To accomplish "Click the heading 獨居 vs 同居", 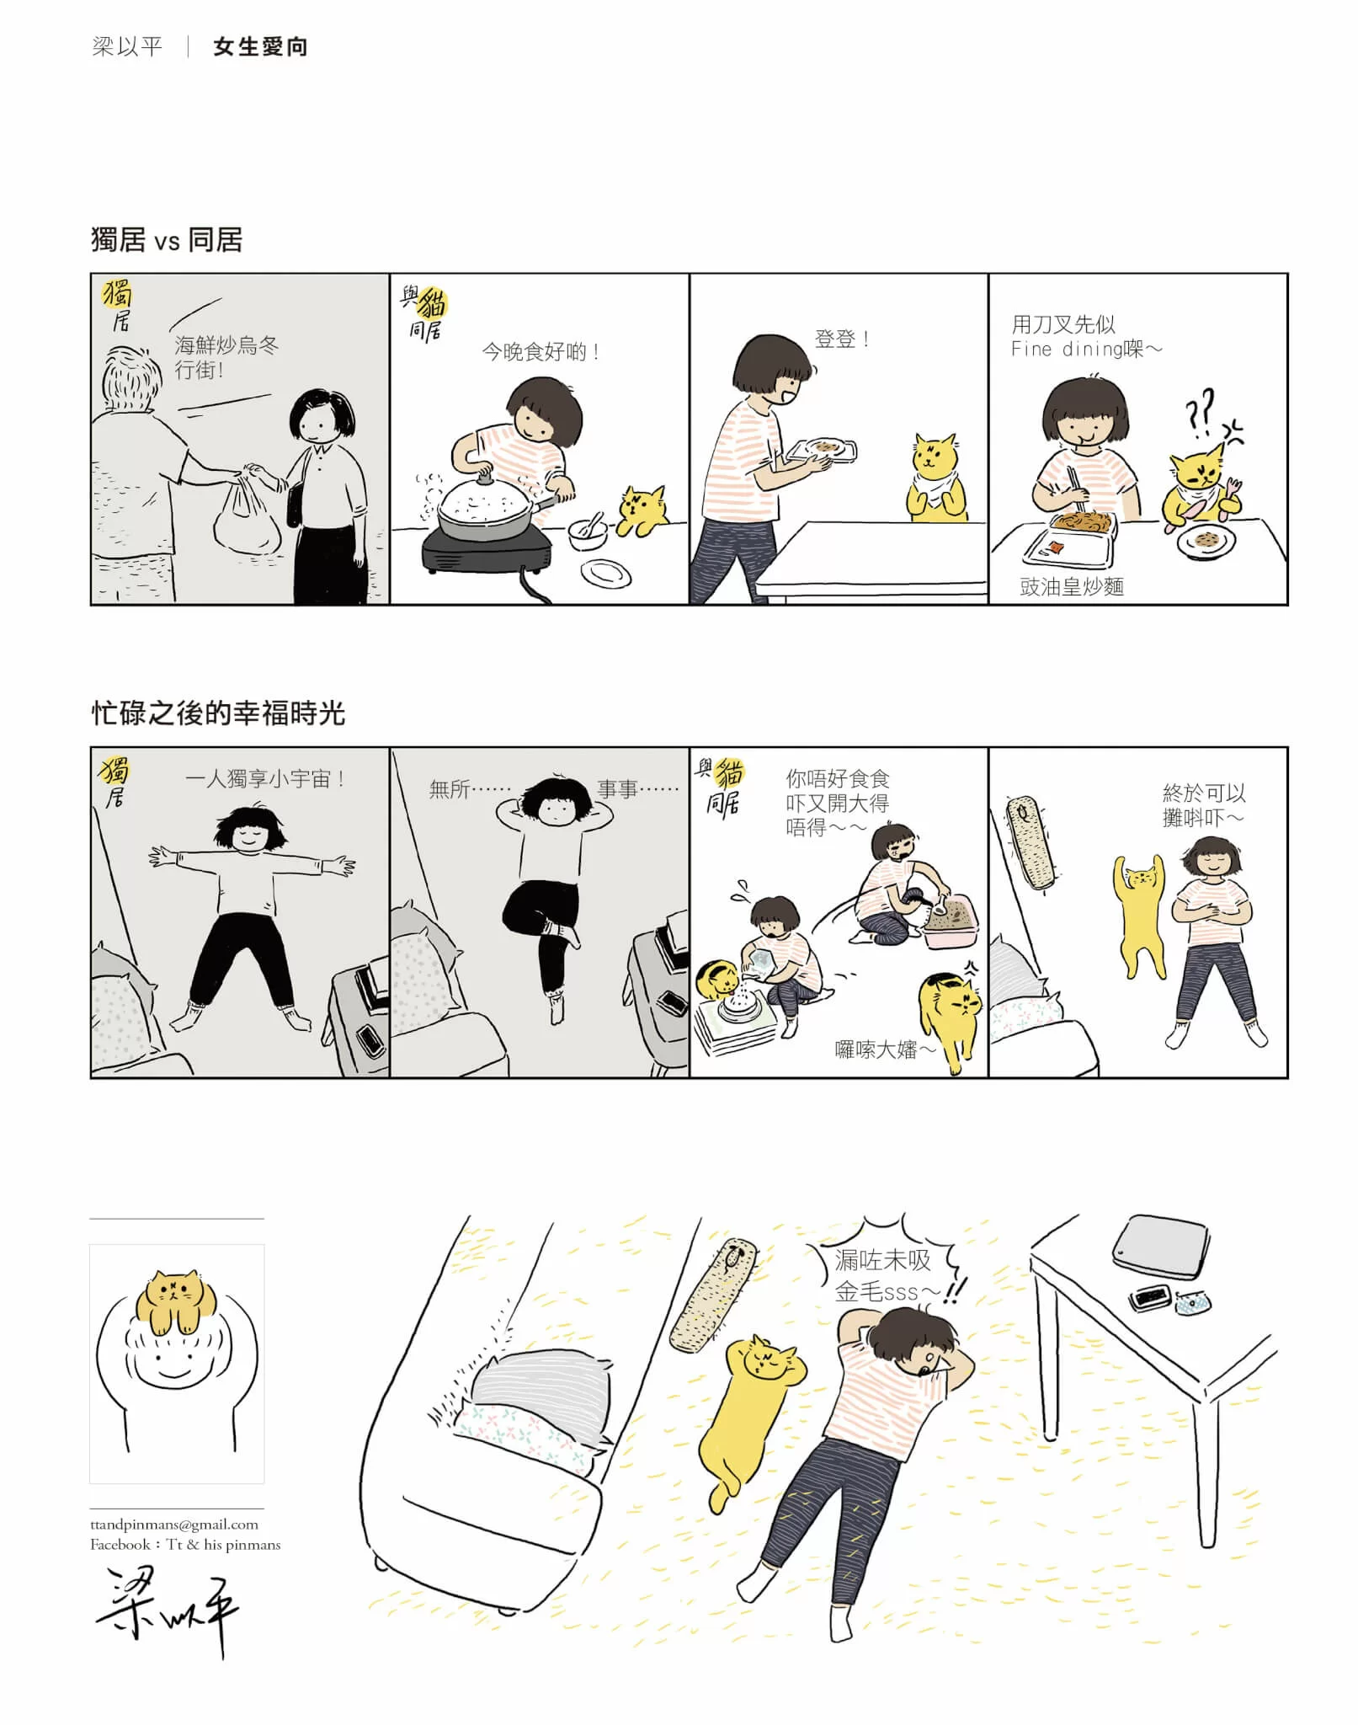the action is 167,240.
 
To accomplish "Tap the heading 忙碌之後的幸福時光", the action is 218,713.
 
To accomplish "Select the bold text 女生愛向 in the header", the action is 261,47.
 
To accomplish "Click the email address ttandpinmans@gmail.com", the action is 174,1524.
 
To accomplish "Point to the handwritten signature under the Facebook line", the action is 167,1609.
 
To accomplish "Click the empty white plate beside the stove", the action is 605,574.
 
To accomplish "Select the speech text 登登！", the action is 842,339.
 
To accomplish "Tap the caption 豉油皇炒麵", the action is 1072,586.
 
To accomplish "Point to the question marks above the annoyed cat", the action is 1201,410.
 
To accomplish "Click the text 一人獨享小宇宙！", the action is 264,778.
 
